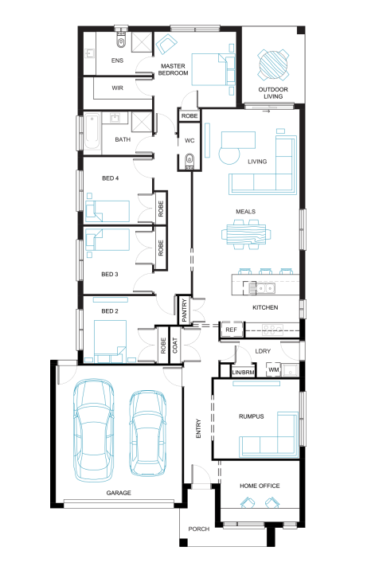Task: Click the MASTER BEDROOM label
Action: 174,69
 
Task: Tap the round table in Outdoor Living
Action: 273,64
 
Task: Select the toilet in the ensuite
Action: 121,41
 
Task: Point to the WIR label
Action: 118,88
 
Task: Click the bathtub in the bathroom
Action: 92,131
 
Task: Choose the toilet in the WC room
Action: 189,161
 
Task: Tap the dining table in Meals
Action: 246,234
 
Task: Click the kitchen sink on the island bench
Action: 265,288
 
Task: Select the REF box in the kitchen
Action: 231,330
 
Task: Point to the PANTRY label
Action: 184,310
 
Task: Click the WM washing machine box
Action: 274,369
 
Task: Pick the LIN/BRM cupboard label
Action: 243,373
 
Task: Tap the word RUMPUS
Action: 252,416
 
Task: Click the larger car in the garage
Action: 93,430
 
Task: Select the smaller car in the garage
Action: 148,433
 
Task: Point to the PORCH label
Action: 199,529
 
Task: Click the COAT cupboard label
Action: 175,346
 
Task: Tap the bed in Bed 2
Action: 110,342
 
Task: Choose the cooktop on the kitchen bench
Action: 272,330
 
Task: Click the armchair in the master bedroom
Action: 166,45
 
